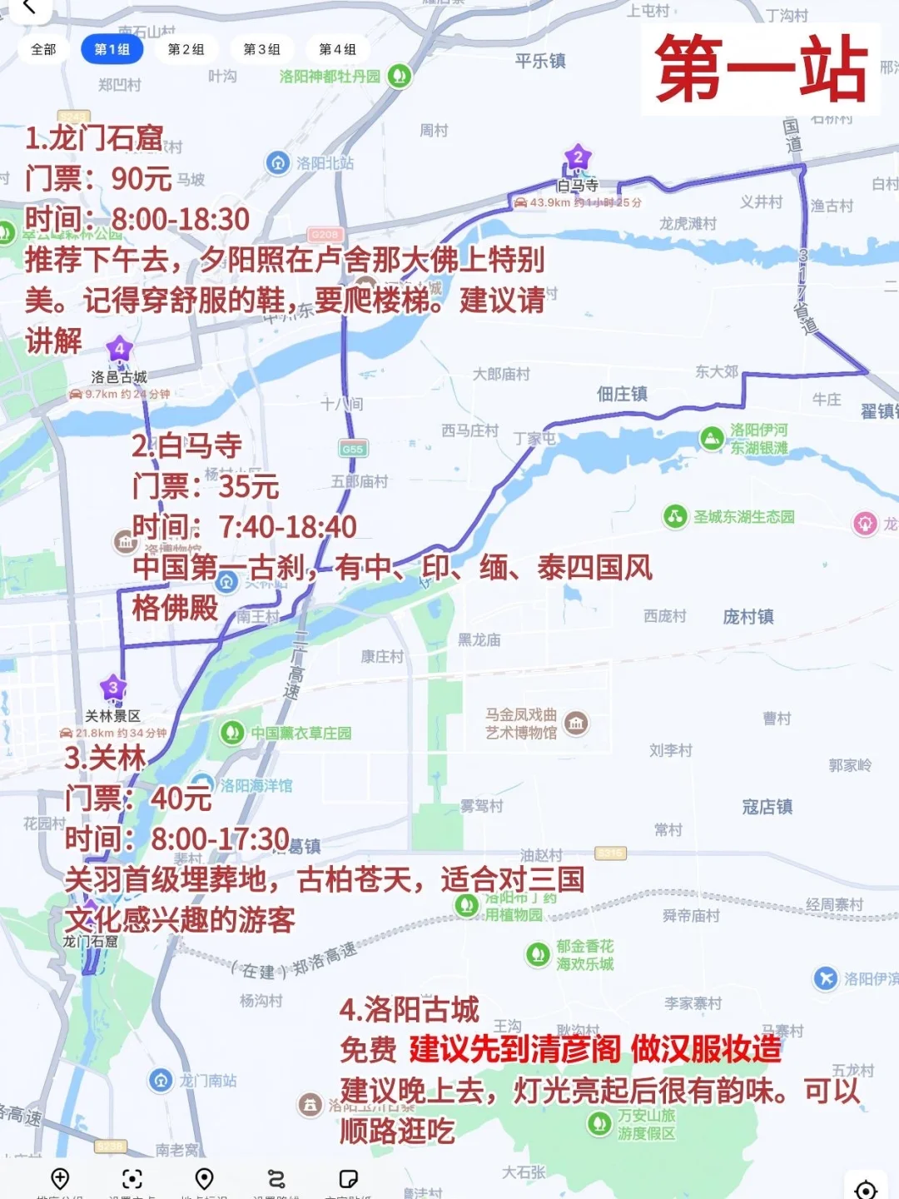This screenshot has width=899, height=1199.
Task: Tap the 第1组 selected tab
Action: pos(112,49)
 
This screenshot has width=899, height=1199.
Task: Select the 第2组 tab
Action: pos(186,49)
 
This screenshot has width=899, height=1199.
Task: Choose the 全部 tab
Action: pos(43,49)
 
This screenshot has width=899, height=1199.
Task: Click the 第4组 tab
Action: pos(337,49)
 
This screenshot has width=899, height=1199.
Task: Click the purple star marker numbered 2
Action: pos(578,157)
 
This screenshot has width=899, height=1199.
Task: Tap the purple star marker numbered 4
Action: pos(119,349)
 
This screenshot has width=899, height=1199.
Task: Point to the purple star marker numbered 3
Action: pos(113,688)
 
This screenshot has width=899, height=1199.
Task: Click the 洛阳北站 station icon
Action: pos(277,163)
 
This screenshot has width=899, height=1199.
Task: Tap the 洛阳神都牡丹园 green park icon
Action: pos(400,77)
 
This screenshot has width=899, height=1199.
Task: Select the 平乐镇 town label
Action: pos(540,61)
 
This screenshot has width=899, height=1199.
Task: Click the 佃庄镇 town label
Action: pos(622,394)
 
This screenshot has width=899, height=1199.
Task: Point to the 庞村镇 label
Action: pos(748,617)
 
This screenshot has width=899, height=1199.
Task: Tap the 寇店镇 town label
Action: pos(767,807)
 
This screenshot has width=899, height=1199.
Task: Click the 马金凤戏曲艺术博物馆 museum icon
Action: pos(576,723)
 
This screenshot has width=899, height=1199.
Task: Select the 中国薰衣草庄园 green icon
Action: pos(231,733)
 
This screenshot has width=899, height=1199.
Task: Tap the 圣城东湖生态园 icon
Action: pos(674,517)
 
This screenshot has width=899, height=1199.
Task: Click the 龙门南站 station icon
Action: pos(161,1081)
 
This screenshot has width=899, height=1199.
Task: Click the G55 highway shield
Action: pos(352,449)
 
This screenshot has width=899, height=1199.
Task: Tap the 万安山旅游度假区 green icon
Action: pos(599,1124)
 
